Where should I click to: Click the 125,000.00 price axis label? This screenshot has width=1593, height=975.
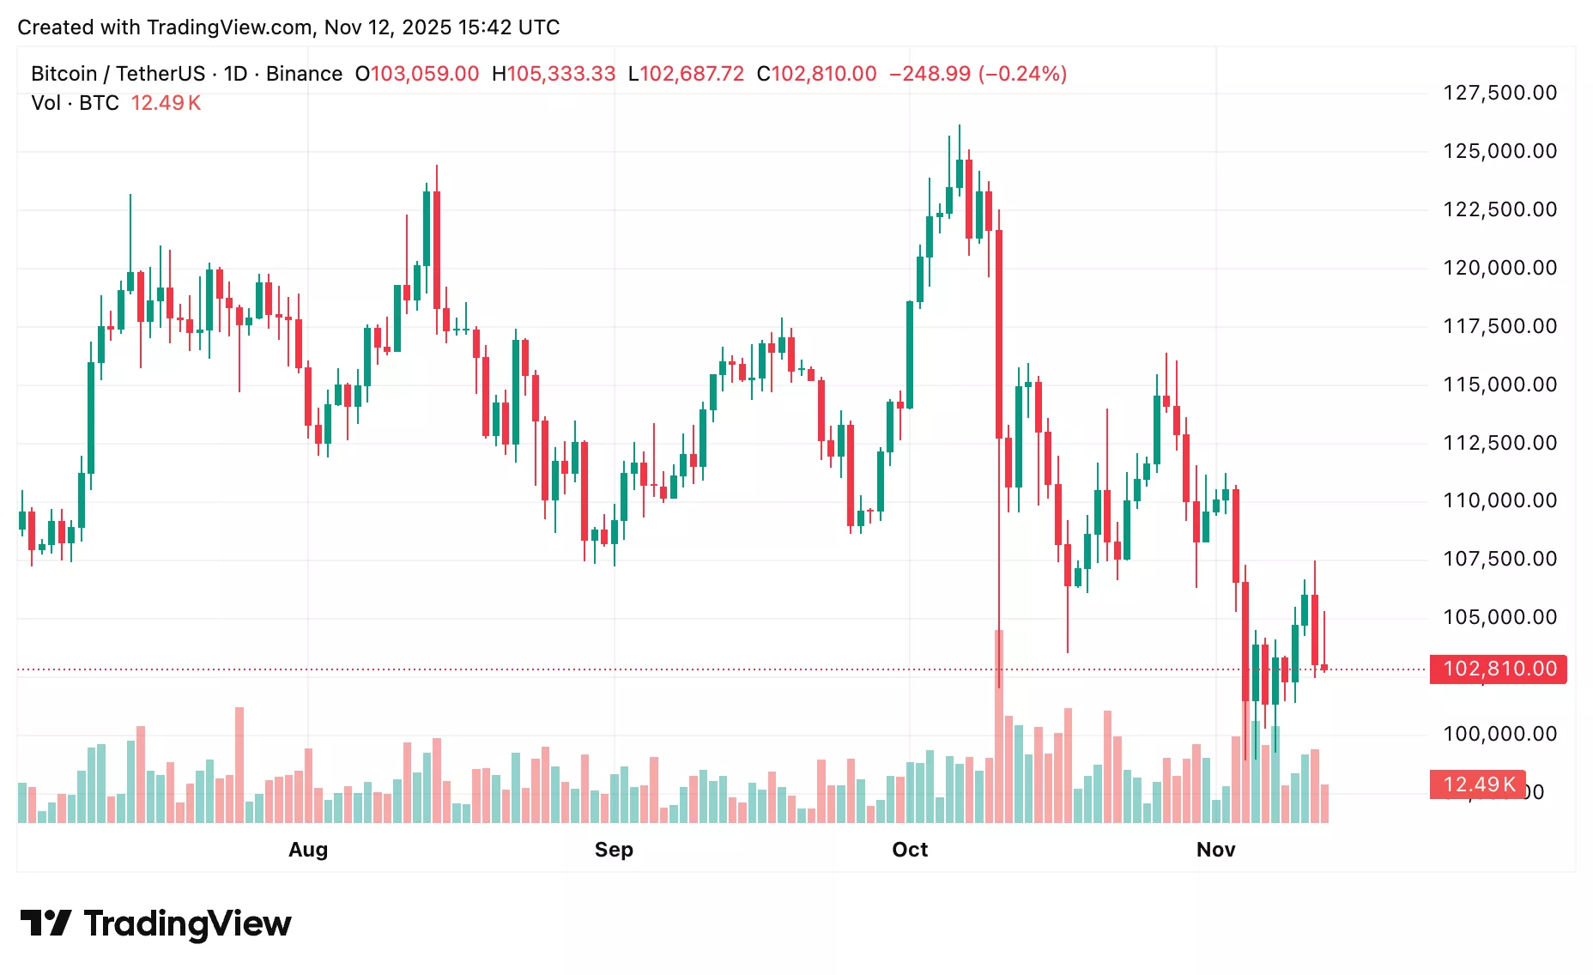pos(1499,151)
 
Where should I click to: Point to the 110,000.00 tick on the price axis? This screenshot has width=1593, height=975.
pos(1499,500)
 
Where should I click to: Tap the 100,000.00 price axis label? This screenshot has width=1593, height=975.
pos(1499,734)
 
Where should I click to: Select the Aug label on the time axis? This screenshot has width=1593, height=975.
pos(308,850)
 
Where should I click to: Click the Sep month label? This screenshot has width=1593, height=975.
pos(614,850)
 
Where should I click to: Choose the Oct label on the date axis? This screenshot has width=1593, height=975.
pos(910,850)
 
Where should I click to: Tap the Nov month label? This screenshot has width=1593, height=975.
pos(1215,850)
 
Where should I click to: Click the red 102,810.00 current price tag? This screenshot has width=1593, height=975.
pos(1499,669)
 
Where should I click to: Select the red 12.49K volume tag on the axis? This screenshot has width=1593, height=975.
pos(1477,784)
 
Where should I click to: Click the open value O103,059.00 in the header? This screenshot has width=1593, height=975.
pos(417,74)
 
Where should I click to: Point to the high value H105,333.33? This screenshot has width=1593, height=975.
pos(554,74)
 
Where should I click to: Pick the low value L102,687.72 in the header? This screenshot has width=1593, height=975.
pos(686,74)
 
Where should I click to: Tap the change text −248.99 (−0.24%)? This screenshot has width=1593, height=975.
pos(978,74)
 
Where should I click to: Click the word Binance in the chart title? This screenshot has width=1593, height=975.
pos(304,74)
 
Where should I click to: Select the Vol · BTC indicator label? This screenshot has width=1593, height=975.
pos(75,103)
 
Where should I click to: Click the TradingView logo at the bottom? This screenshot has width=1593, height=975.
pos(155,924)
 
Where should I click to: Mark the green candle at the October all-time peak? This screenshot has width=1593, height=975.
pos(960,172)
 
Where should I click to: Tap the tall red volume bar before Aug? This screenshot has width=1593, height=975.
pos(239,764)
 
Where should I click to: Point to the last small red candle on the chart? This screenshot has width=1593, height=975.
pos(1324,667)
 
